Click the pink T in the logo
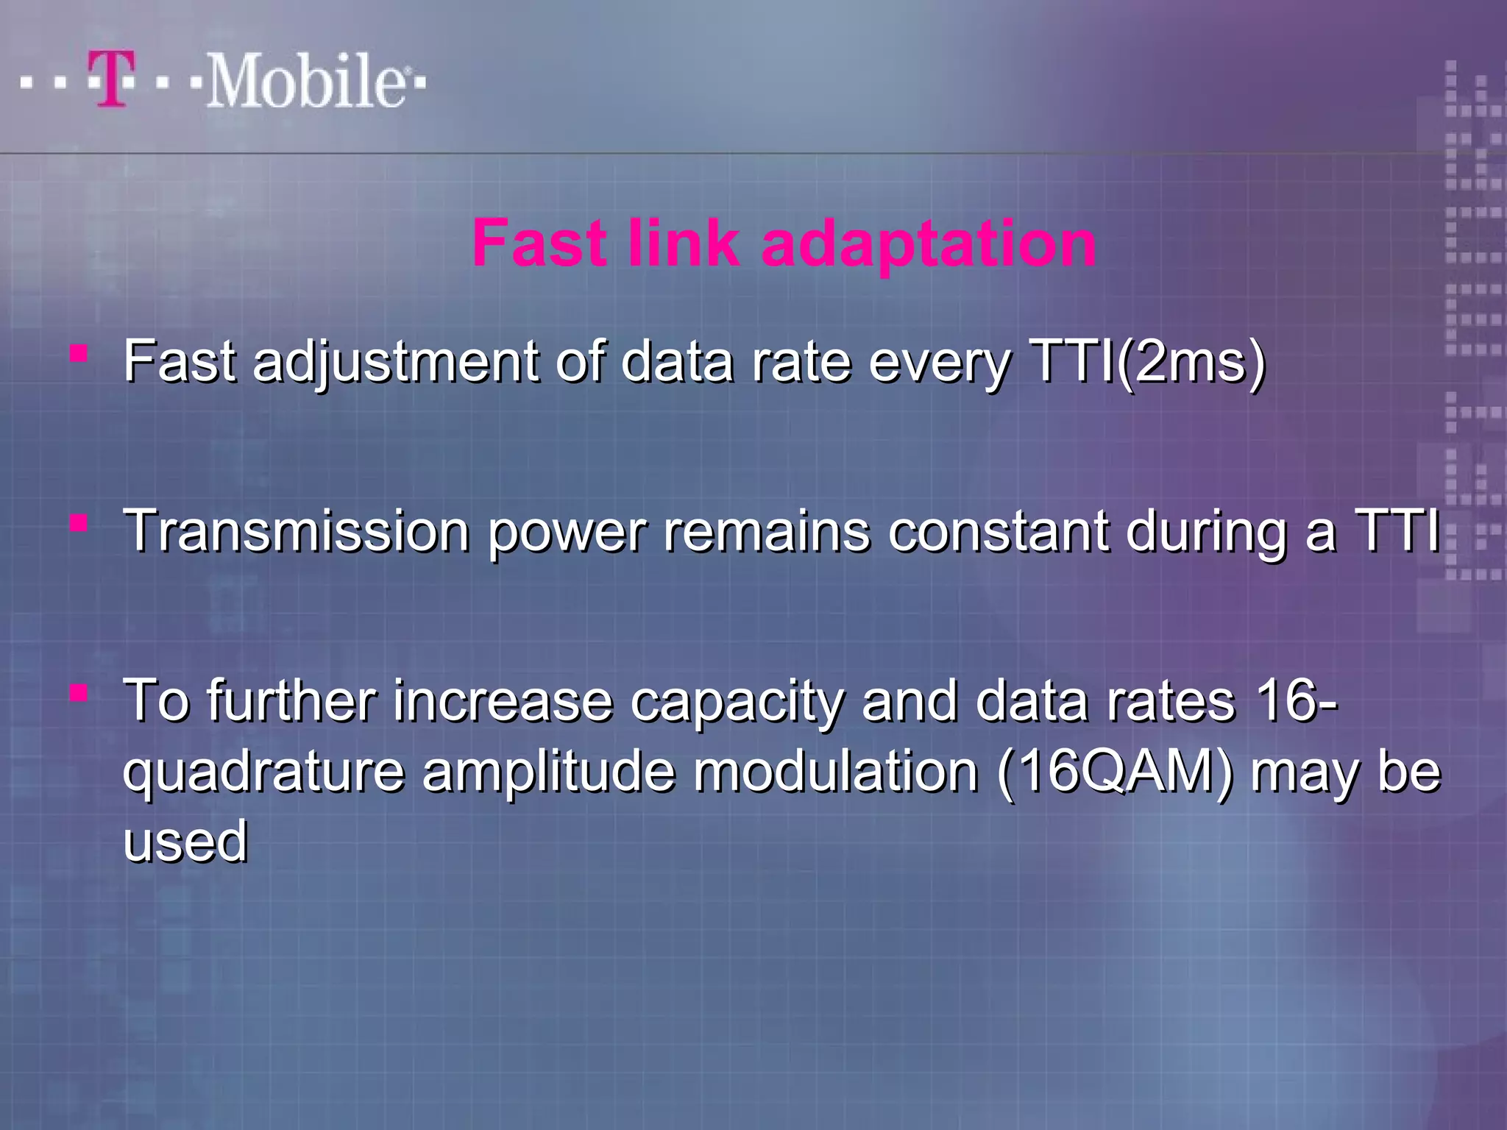click(113, 79)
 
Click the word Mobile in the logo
click(305, 81)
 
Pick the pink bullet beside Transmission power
click(79, 524)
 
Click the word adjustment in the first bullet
click(396, 363)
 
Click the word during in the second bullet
click(1207, 532)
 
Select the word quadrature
click(263, 772)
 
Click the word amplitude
click(548, 772)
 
